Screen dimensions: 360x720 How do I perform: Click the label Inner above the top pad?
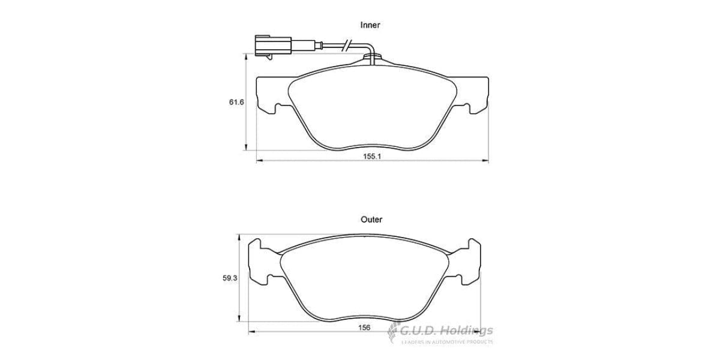pyautogui.click(x=370, y=25)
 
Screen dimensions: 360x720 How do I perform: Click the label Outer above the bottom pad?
pyautogui.click(x=371, y=220)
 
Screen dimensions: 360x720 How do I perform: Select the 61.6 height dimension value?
pyautogui.click(x=236, y=102)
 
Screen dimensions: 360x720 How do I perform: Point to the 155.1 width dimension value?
pyautogui.click(x=372, y=156)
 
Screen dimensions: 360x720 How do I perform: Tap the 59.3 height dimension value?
pyautogui.click(x=229, y=278)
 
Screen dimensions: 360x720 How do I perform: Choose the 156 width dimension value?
pyautogui.click(x=364, y=327)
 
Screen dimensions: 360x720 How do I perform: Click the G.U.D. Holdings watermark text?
pyautogui.click(x=447, y=330)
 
